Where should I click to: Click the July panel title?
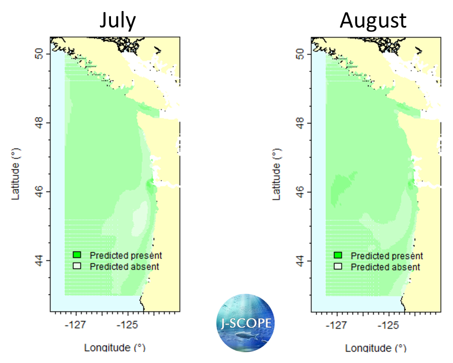click(117, 20)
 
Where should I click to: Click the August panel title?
click(373, 20)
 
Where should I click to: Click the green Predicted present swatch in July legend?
click(77, 255)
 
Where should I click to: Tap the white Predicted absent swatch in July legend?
click(77, 266)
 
